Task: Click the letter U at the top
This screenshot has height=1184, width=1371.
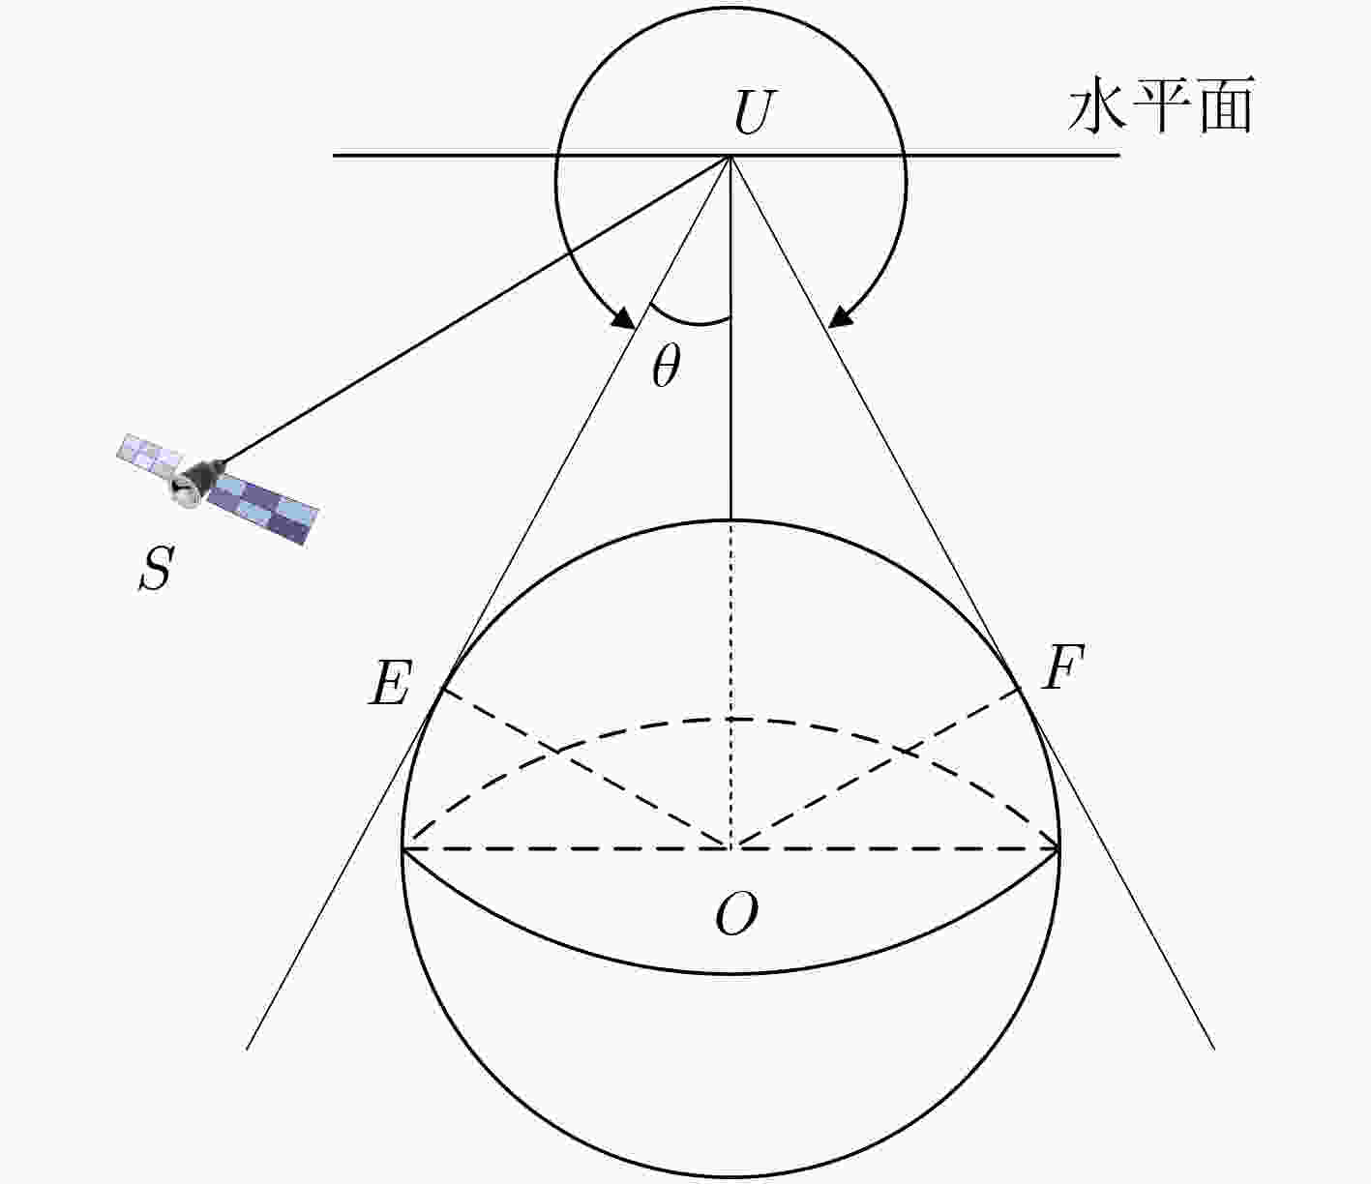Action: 754,112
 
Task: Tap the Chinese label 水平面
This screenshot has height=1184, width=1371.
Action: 1161,106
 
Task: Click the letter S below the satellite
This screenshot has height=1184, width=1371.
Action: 157,568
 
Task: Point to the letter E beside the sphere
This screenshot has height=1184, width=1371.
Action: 391,683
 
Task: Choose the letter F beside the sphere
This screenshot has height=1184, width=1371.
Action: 1062,666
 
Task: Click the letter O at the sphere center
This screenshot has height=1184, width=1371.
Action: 736,913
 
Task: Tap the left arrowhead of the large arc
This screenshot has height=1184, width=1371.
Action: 623,317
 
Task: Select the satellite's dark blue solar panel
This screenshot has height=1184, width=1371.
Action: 264,510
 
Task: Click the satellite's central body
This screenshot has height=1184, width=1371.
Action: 194,481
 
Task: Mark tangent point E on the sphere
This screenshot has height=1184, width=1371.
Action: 442,690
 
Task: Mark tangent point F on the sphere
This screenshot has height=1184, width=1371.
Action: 1019,690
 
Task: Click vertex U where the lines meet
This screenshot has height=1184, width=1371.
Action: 730,156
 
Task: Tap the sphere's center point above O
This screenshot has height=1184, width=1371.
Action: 730,847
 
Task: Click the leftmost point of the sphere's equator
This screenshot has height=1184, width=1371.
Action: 402,848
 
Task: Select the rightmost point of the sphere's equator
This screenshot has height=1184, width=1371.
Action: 1058,848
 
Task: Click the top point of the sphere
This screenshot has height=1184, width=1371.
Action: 730,520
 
